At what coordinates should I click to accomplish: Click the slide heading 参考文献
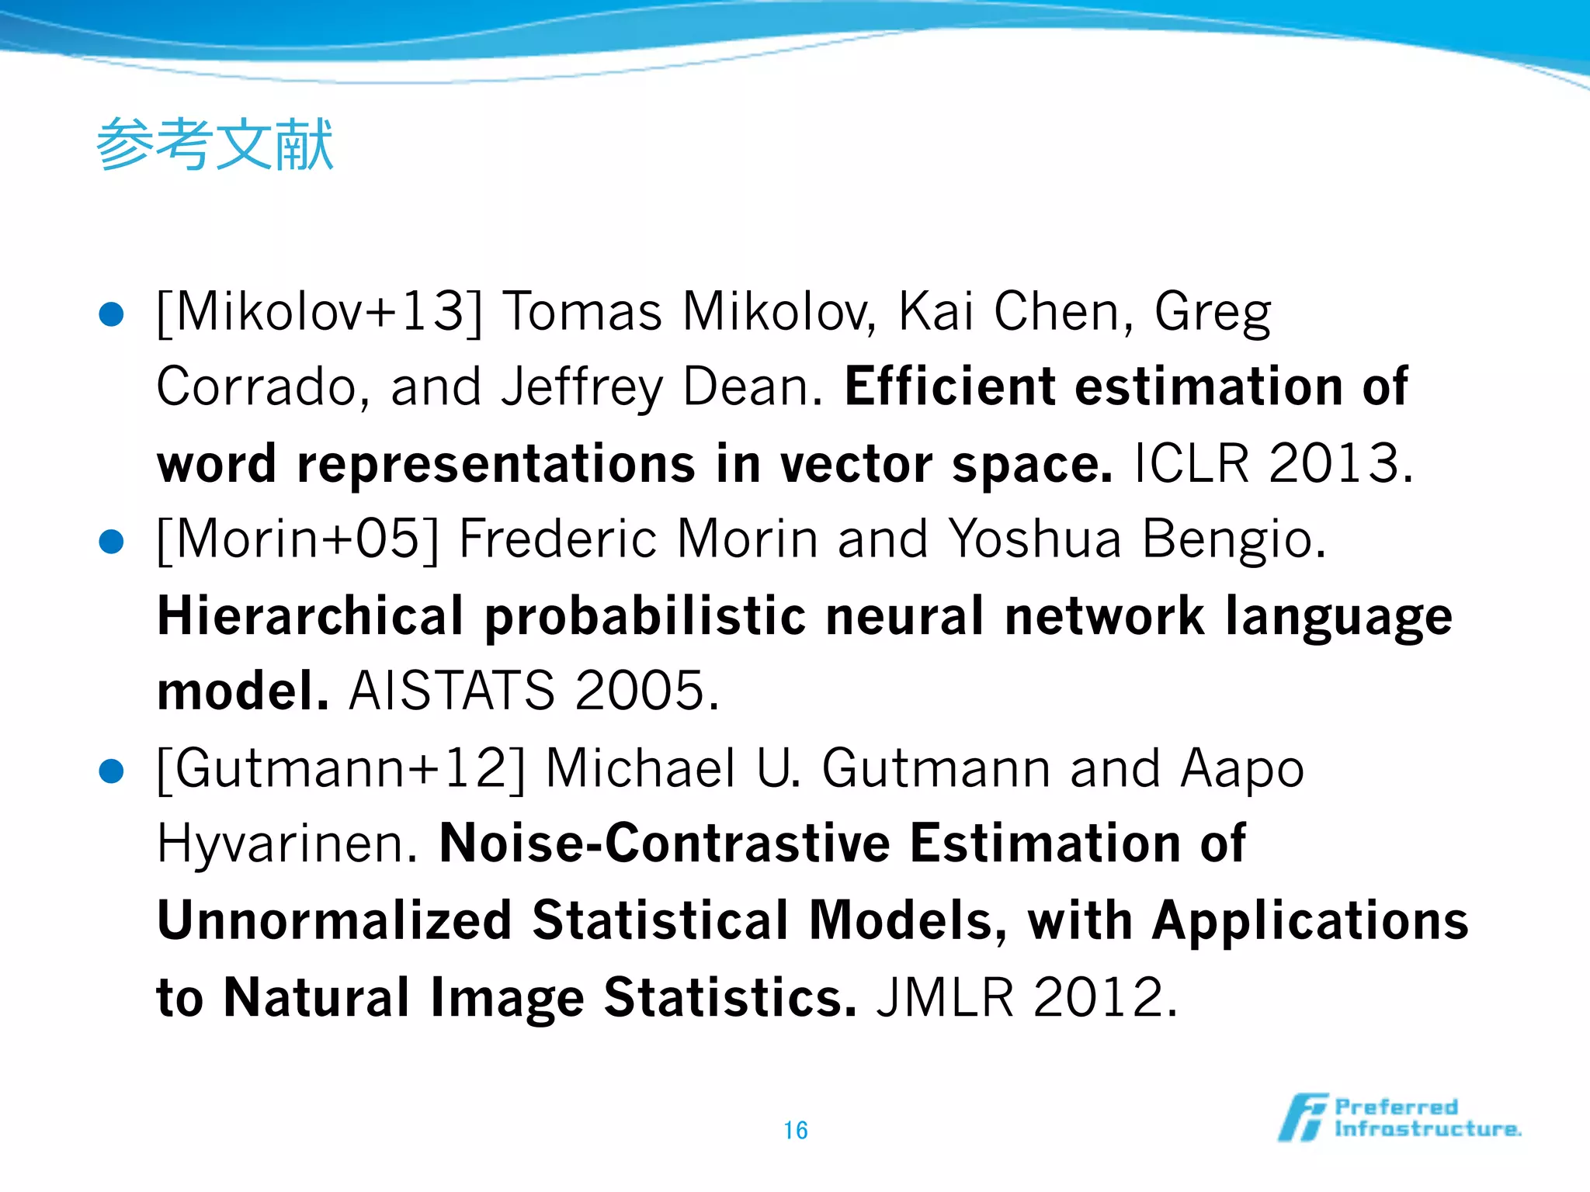[x=215, y=145]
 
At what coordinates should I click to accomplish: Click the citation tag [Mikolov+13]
[x=319, y=312]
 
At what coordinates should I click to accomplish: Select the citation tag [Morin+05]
[x=298, y=539]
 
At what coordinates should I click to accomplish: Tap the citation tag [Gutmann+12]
[x=341, y=768]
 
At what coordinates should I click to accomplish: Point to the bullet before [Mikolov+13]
[x=112, y=314]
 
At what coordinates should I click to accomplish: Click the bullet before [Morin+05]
[x=112, y=542]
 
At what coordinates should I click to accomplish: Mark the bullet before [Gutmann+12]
[x=112, y=771]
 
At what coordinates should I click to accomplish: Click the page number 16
[x=795, y=1130]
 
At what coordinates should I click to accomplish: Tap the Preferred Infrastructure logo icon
[x=1303, y=1117]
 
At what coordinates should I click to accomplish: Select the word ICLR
[x=1191, y=463]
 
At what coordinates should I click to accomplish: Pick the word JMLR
[x=945, y=997]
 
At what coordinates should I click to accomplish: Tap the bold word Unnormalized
[x=334, y=920]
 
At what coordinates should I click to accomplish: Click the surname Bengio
[x=1234, y=539]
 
